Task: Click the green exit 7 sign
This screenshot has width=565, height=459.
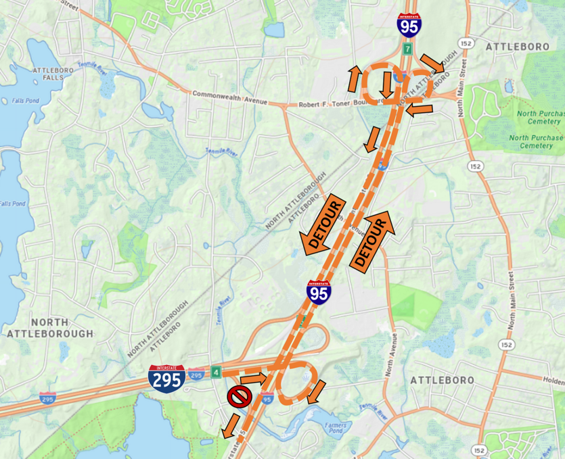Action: pos(407,49)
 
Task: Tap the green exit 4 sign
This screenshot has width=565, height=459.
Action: pos(215,372)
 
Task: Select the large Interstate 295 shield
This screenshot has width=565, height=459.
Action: pos(166,379)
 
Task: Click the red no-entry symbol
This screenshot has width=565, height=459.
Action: pos(239,396)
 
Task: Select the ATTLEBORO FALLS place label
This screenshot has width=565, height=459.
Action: pos(47,74)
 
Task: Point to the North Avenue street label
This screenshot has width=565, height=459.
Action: pos(391,354)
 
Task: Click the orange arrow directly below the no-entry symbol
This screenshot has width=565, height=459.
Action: pos(230,423)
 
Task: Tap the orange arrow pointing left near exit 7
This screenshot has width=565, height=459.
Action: pos(420,108)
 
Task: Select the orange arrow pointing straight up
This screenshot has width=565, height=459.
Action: pos(355,79)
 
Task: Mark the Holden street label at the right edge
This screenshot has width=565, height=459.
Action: pos(553,381)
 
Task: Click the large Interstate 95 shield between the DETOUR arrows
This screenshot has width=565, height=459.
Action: pos(319,292)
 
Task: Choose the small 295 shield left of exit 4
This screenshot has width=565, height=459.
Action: pos(196,374)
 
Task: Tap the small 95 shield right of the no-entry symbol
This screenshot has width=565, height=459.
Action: pos(267,400)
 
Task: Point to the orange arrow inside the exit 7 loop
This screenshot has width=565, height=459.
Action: pos(386,83)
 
